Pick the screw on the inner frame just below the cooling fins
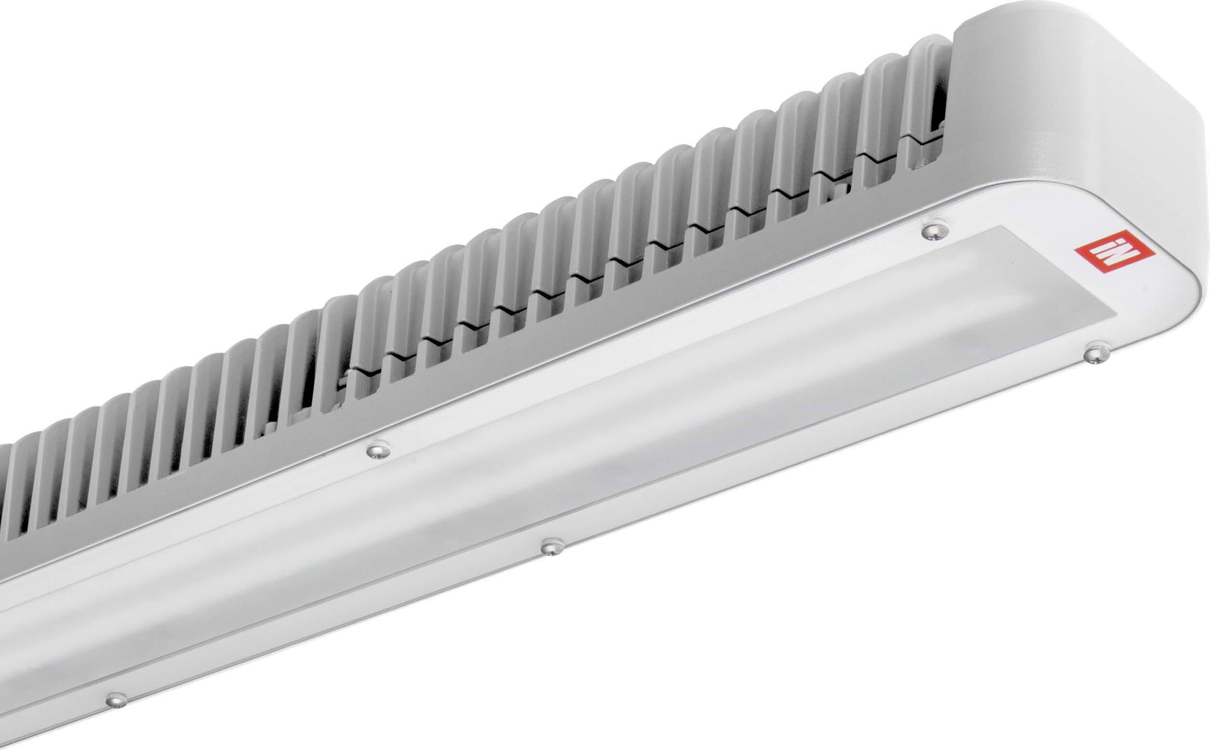click(x=378, y=451)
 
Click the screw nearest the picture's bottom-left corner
click(x=116, y=700)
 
